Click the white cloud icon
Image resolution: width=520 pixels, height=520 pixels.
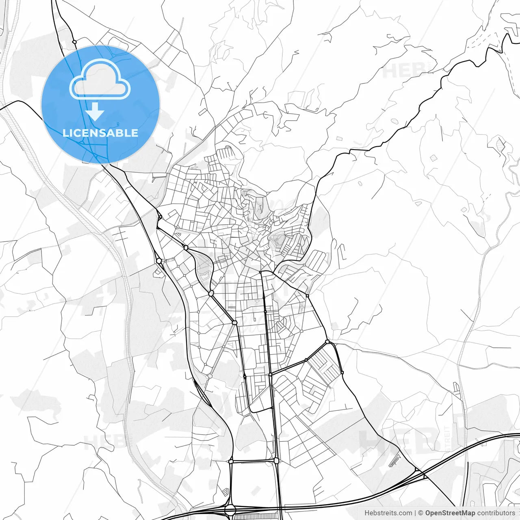100,80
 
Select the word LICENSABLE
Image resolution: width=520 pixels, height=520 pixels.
100,133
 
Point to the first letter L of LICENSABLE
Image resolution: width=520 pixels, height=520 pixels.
65,133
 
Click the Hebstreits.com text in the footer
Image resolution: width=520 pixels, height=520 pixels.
388,513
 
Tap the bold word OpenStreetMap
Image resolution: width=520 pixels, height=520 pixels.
450,513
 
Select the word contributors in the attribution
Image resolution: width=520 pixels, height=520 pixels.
496,513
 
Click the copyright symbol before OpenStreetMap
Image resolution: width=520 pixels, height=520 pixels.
420,513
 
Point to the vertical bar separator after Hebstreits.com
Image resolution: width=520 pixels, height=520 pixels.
415,513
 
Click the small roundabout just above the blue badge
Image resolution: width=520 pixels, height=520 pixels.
74,41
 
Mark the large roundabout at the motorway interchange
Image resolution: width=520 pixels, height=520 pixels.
230,510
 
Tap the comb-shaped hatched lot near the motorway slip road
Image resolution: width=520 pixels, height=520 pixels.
394,462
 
